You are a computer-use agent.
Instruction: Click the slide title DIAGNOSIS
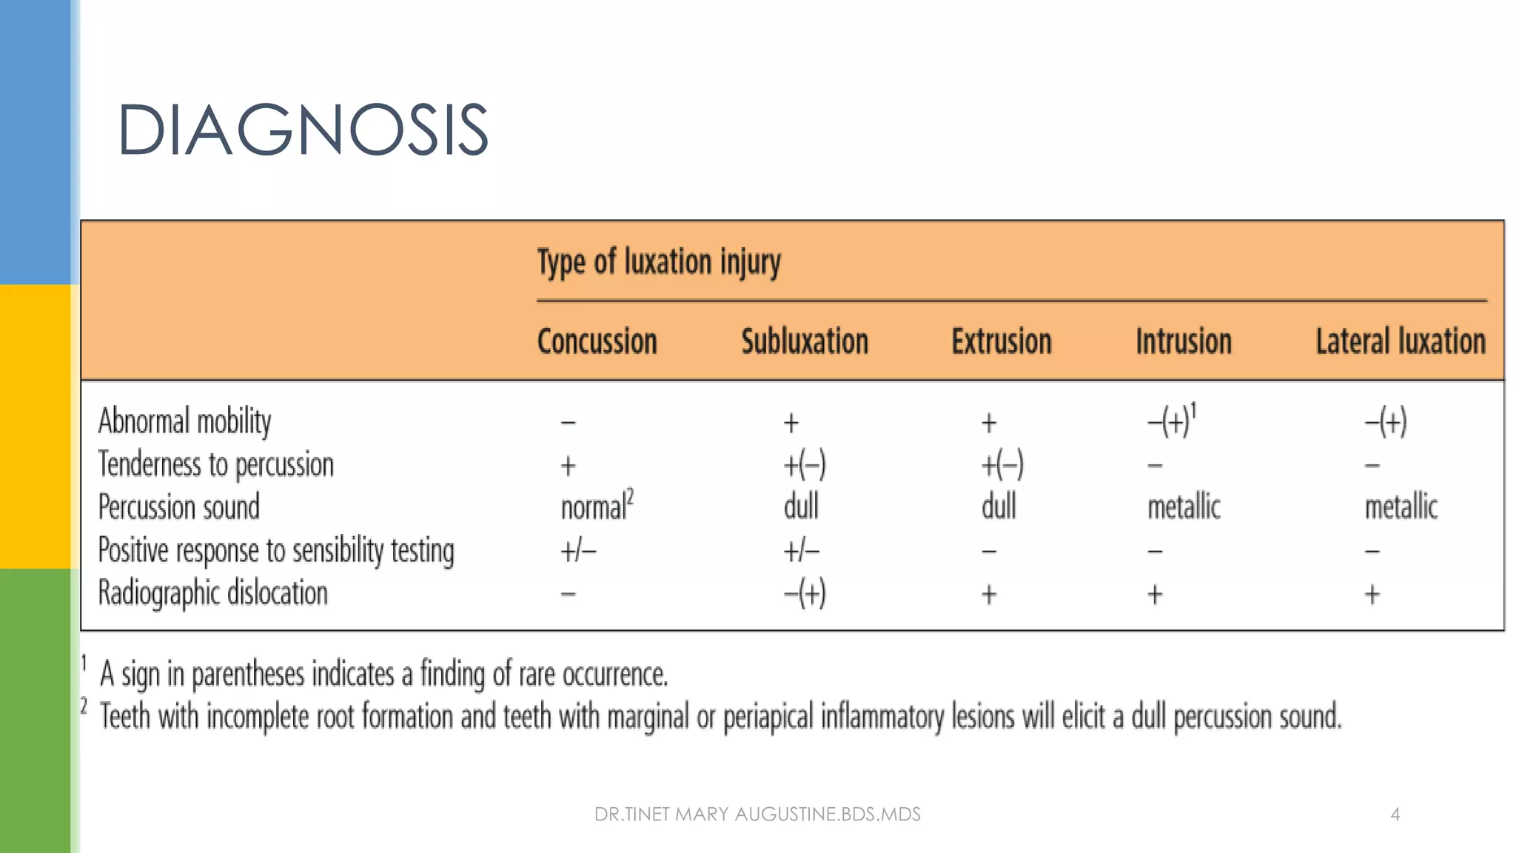303,130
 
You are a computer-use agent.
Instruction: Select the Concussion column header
597,342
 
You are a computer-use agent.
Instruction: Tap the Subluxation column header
805,342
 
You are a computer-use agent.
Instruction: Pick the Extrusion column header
1001,342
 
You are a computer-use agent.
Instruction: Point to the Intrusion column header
1184,342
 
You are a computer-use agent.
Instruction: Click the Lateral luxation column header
1401,342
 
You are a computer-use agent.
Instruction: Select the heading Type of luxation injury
659,262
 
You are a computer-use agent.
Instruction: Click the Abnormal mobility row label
185,421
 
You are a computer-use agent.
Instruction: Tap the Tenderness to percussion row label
216,464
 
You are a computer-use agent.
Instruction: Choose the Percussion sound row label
179,507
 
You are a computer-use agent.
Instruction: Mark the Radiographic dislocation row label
213,593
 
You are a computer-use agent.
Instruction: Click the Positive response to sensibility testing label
276,550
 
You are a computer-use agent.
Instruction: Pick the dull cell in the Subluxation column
801,507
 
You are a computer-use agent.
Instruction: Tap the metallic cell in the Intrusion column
1184,507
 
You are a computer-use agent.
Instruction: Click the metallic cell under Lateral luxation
1401,507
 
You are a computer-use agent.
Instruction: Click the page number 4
1395,814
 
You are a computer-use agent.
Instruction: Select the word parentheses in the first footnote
248,675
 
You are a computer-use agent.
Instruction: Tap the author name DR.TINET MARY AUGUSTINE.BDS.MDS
757,814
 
